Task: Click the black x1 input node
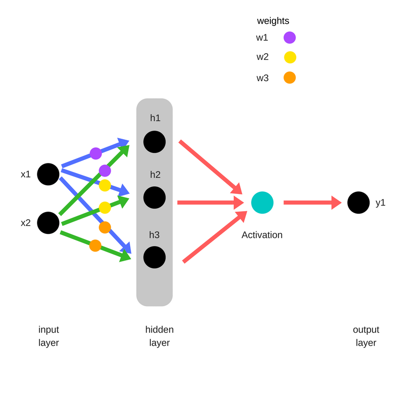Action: tap(48, 174)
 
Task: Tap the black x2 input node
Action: tap(48, 223)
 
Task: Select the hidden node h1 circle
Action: tap(154, 142)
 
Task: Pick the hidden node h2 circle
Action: tap(154, 197)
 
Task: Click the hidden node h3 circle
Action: tap(154, 257)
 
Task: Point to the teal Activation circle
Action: tap(262, 202)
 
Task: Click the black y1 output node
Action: tap(358, 202)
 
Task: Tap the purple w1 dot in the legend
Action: tap(290, 37)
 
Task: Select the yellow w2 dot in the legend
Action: tap(290, 57)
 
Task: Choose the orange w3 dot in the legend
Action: tap(290, 77)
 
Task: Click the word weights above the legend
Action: tap(273, 21)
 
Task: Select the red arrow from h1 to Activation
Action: tap(210, 167)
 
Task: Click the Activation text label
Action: tap(262, 235)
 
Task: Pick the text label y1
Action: tap(381, 202)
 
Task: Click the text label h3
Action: tap(154, 235)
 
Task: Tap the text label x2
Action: tap(26, 223)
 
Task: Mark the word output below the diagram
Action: tap(366, 330)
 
